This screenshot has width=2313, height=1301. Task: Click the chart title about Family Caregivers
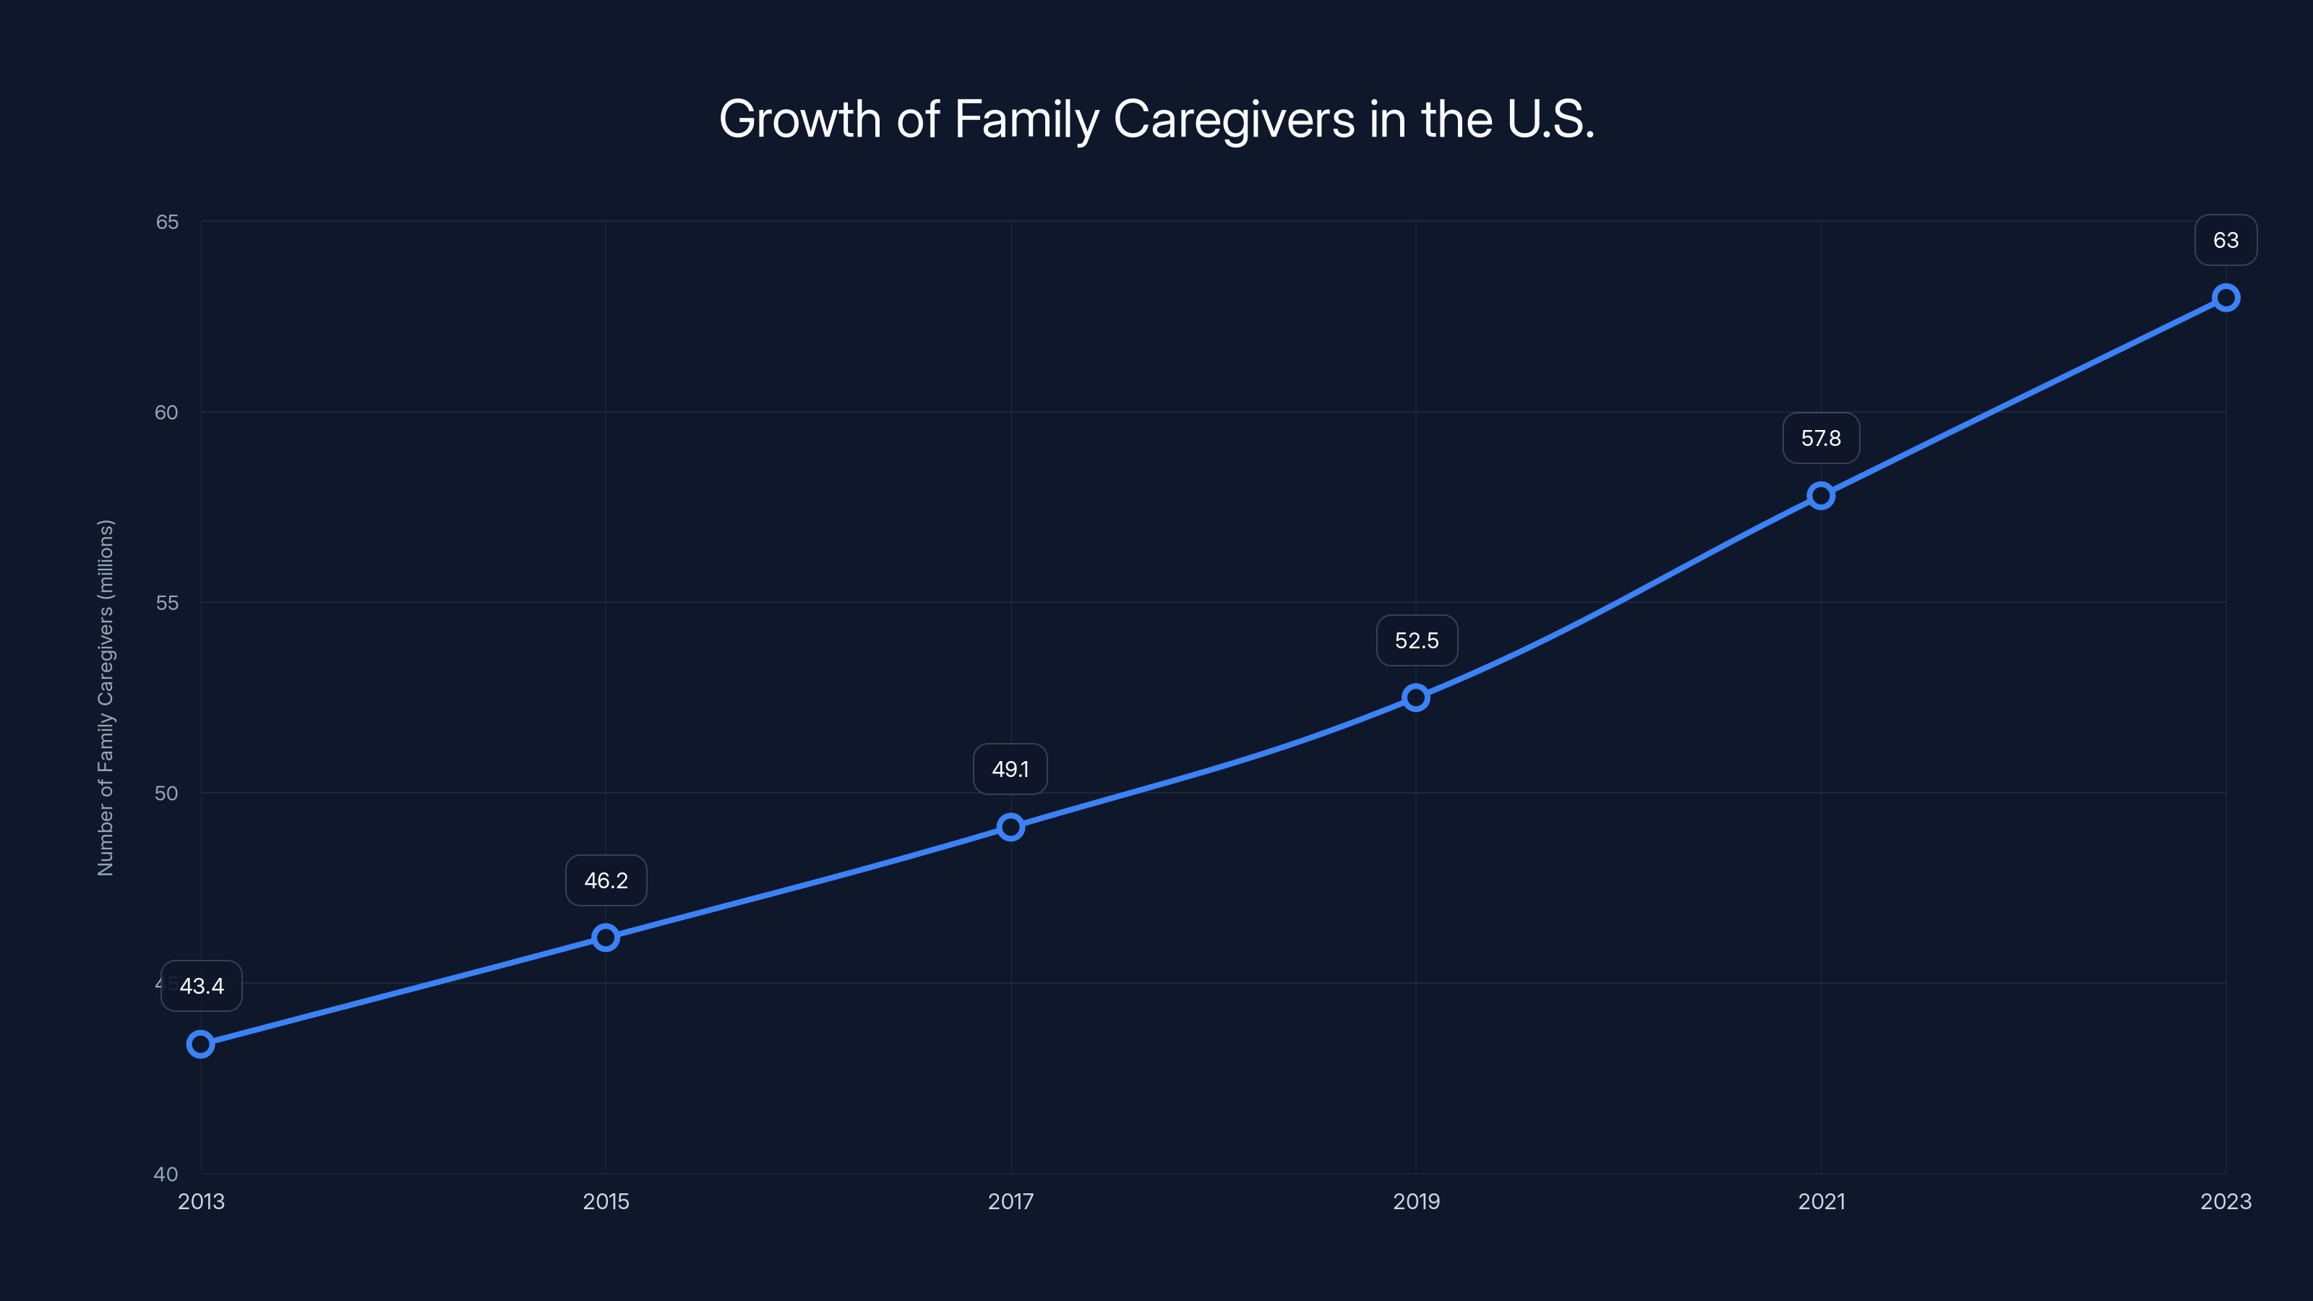(1156, 119)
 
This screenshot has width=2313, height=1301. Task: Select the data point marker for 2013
(200, 1044)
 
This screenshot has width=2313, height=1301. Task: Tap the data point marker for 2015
(606, 937)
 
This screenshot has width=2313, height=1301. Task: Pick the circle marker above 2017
(1011, 827)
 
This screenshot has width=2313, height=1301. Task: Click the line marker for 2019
(1416, 697)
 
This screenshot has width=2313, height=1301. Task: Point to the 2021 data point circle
(1821, 496)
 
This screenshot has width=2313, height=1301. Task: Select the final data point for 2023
(2226, 297)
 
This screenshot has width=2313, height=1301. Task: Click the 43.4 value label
(202, 986)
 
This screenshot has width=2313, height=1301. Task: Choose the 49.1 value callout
(1010, 770)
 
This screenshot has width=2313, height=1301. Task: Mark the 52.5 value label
(1417, 641)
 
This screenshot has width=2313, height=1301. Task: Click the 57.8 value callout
(1821, 438)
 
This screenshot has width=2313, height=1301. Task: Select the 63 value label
(2226, 241)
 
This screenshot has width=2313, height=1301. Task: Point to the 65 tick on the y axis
(167, 222)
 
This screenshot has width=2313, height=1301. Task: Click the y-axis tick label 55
(167, 603)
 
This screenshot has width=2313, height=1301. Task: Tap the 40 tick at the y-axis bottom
(166, 1174)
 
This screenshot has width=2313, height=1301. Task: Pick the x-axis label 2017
(1011, 1201)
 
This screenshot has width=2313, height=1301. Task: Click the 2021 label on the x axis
(1821, 1201)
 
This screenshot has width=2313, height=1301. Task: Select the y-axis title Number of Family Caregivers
(106, 697)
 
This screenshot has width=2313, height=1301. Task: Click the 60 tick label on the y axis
(167, 412)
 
